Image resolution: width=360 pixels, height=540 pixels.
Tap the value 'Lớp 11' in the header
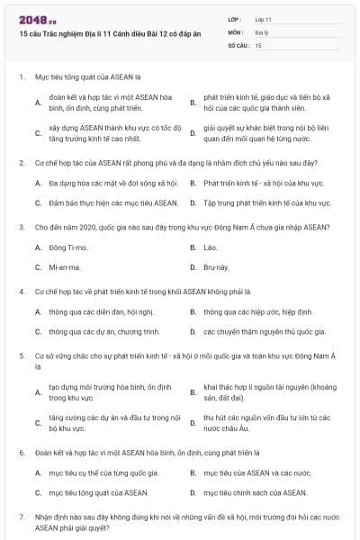pos(263,19)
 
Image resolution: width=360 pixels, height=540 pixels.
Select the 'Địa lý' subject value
pos(261,31)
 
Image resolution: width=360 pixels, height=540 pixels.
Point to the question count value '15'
pos(258,44)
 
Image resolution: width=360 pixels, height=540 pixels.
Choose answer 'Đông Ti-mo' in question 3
pos(67,247)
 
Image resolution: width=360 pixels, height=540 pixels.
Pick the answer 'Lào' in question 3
pos(211,247)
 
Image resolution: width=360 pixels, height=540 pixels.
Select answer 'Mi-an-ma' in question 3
pos(66,267)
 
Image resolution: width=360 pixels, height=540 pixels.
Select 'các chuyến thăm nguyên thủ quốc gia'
pos(257,331)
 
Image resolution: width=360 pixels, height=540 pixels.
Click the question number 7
pos(21,517)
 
